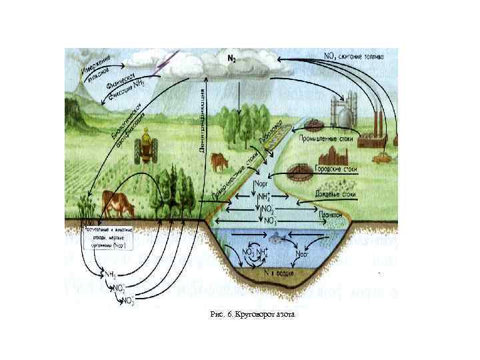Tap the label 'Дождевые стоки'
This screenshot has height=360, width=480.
(337, 195)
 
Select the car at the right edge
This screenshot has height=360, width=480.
(381, 159)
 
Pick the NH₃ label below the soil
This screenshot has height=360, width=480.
(109, 274)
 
